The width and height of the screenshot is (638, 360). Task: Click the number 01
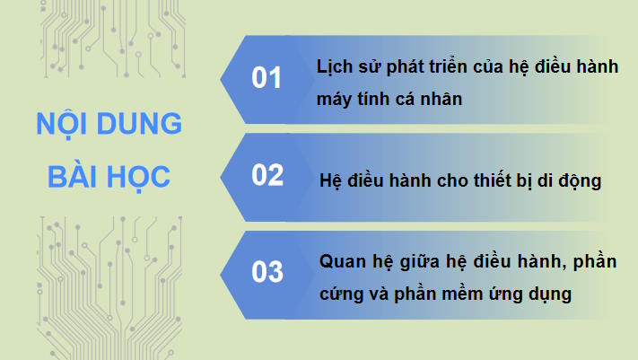267,79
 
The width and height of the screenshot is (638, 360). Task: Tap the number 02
267,175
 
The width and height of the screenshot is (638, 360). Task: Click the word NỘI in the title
65,124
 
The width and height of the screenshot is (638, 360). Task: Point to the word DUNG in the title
140,124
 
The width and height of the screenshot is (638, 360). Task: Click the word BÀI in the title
71,176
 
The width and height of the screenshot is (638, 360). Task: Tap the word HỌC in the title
138,176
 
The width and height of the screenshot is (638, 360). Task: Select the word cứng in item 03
339,294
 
